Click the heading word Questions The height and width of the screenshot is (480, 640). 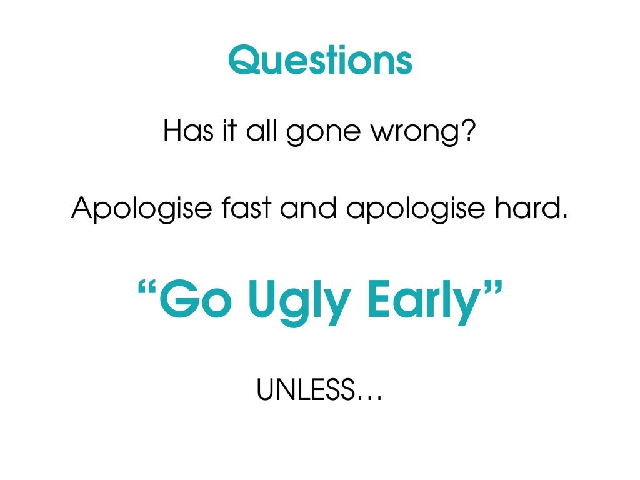320,61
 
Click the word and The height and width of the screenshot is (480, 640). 311,207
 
